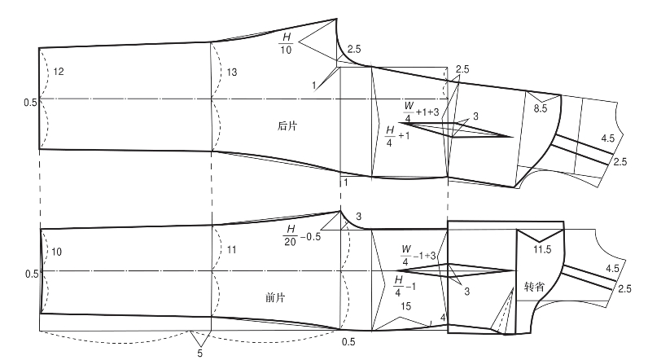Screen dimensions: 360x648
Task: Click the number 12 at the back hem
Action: pos(58,72)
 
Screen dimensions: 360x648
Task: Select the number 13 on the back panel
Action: pos(232,72)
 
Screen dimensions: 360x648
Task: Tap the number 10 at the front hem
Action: pos(56,252)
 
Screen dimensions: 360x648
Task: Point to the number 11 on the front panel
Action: pos(231,252)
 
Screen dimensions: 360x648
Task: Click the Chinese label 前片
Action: pos(285,297)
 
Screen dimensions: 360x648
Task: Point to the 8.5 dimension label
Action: pos(541,108)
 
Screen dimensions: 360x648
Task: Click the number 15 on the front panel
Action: pos(406,306)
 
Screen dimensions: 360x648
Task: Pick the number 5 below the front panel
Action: pos(199,353)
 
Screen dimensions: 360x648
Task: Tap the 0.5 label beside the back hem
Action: pos(30,102)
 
